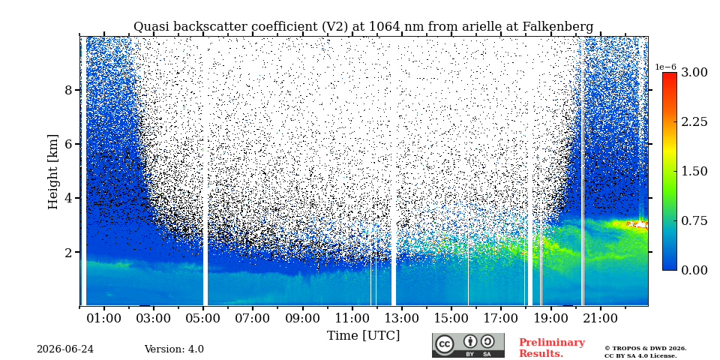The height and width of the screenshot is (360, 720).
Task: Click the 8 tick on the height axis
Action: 68,90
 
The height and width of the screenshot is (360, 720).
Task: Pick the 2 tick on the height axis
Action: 68,253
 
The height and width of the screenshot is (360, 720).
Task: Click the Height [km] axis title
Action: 53,172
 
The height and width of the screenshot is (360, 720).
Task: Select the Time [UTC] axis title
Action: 363,336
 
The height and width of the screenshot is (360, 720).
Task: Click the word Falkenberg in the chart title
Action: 558,27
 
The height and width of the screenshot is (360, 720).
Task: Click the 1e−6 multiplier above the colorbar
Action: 665,67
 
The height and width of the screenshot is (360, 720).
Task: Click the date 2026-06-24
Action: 65,349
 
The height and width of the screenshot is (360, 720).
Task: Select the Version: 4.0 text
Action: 174,349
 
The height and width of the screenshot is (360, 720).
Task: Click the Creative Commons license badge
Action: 468,345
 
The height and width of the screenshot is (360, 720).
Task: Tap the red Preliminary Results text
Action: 552,348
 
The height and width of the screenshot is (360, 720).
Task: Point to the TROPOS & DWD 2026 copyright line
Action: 646,349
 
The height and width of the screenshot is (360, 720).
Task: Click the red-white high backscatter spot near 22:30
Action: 639,224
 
